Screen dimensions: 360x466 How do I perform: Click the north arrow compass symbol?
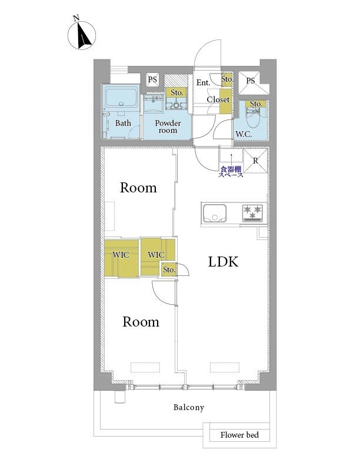(x=82, y=35)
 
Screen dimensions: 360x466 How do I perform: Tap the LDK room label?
(x=223, y=262)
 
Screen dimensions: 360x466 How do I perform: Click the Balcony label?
(x=189, y=407)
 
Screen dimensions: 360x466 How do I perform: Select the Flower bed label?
(x=239, y=435)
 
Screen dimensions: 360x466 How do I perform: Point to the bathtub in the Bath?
(x=121, y=98)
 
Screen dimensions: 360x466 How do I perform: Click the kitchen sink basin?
(x=215, y=213)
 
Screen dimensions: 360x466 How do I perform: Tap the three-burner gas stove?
(x=252, y=213)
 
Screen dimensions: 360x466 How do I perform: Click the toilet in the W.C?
(x=253, y=117)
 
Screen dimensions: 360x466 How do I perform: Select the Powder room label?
(x=168, y=127)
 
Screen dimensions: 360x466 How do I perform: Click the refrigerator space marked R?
(x=255, y=161)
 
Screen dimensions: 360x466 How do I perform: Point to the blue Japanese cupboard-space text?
(x=231, y=172)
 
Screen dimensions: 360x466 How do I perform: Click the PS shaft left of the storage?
(x=152, y=79)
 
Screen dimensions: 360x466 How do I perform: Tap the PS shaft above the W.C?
(x=251, y=81)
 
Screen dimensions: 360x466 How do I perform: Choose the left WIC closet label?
(x=121, y=255)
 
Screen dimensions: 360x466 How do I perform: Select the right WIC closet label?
(x=156, y=255)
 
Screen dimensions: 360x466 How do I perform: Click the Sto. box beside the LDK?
(x=169, y=270)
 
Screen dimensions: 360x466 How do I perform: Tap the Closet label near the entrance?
(x=218, y=99)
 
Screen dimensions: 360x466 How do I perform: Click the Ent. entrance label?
(x=203, y=82)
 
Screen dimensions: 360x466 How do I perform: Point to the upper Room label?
(x=138, y=188)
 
